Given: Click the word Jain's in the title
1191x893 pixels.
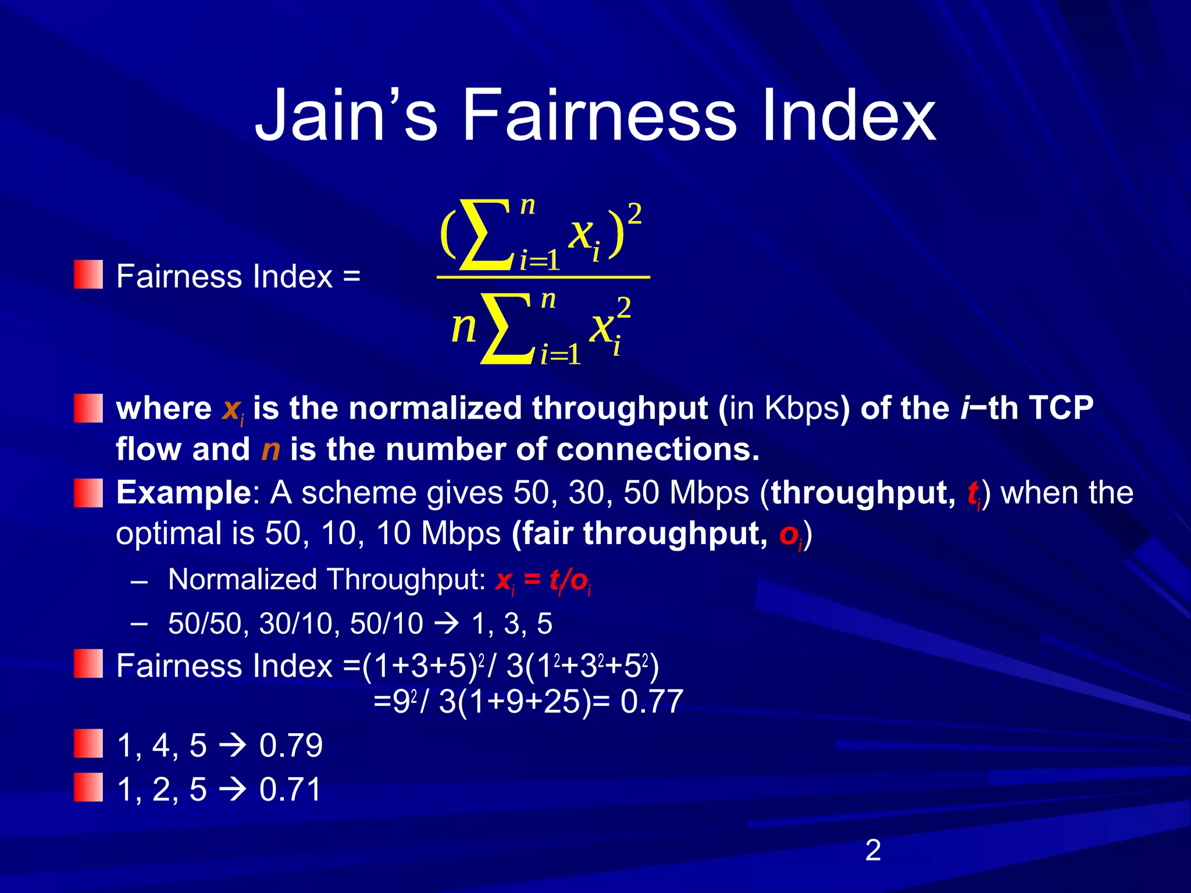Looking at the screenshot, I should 345,115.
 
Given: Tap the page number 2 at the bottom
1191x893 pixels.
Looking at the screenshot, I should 873,851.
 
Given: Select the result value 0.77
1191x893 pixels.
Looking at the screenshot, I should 651,702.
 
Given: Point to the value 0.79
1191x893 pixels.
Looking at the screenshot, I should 291,746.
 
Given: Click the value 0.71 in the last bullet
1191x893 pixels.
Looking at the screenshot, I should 290,790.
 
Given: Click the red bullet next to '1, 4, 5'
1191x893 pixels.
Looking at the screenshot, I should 88,744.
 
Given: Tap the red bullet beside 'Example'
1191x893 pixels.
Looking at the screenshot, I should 88,492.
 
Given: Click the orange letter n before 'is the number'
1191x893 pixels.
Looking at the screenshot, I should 270,450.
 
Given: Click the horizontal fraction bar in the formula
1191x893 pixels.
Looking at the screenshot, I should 543,278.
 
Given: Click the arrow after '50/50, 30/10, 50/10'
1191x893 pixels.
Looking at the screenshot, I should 447,624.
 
